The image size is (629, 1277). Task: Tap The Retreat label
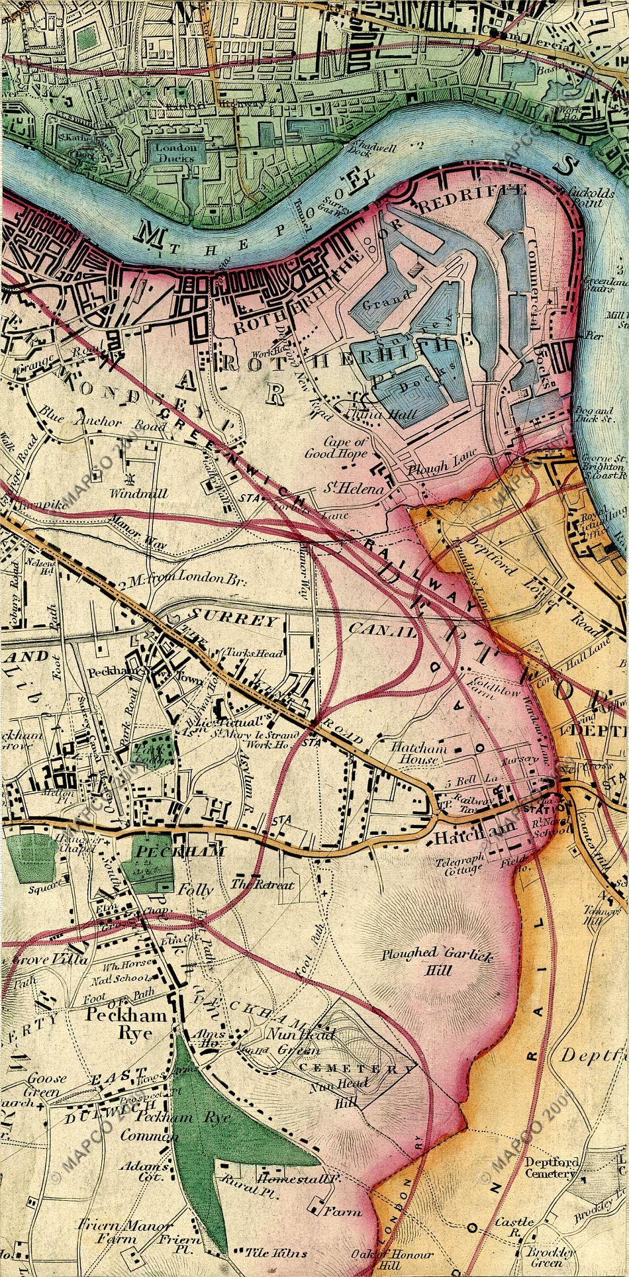pos(262,884)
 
